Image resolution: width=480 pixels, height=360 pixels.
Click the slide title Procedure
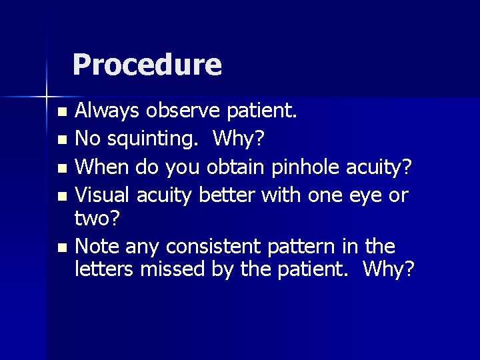[147, 65]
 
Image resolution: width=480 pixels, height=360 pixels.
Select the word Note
[95, 247]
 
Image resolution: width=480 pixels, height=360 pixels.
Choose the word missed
[170, 270]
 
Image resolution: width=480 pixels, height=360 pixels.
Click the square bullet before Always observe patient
[62, 111]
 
